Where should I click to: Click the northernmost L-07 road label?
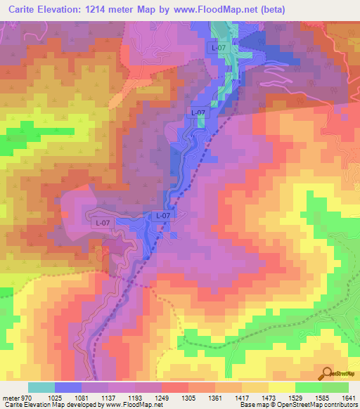coord(219,48)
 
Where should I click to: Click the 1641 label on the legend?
coord(347,398)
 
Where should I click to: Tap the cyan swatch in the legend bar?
coord(41,387)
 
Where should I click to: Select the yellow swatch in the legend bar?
coord(281,387)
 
